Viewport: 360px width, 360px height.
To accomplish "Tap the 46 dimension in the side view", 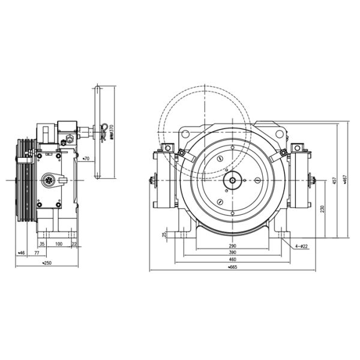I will (x=22, y=254).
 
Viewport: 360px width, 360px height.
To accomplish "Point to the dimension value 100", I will (x=59, y=244).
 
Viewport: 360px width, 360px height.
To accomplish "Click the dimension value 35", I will (x=42, y=244).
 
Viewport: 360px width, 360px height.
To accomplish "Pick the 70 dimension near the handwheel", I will (x=86, y=159).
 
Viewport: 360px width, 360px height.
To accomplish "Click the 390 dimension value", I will (x=232, y=253).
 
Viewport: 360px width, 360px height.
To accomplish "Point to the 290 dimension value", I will (x=232, y=246).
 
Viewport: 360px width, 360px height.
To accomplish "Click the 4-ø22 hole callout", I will (x=302, y=246).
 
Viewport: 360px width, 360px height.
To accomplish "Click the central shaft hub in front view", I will (x=232, y=179).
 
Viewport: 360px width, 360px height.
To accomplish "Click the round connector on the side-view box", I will (x=47, y=179).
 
